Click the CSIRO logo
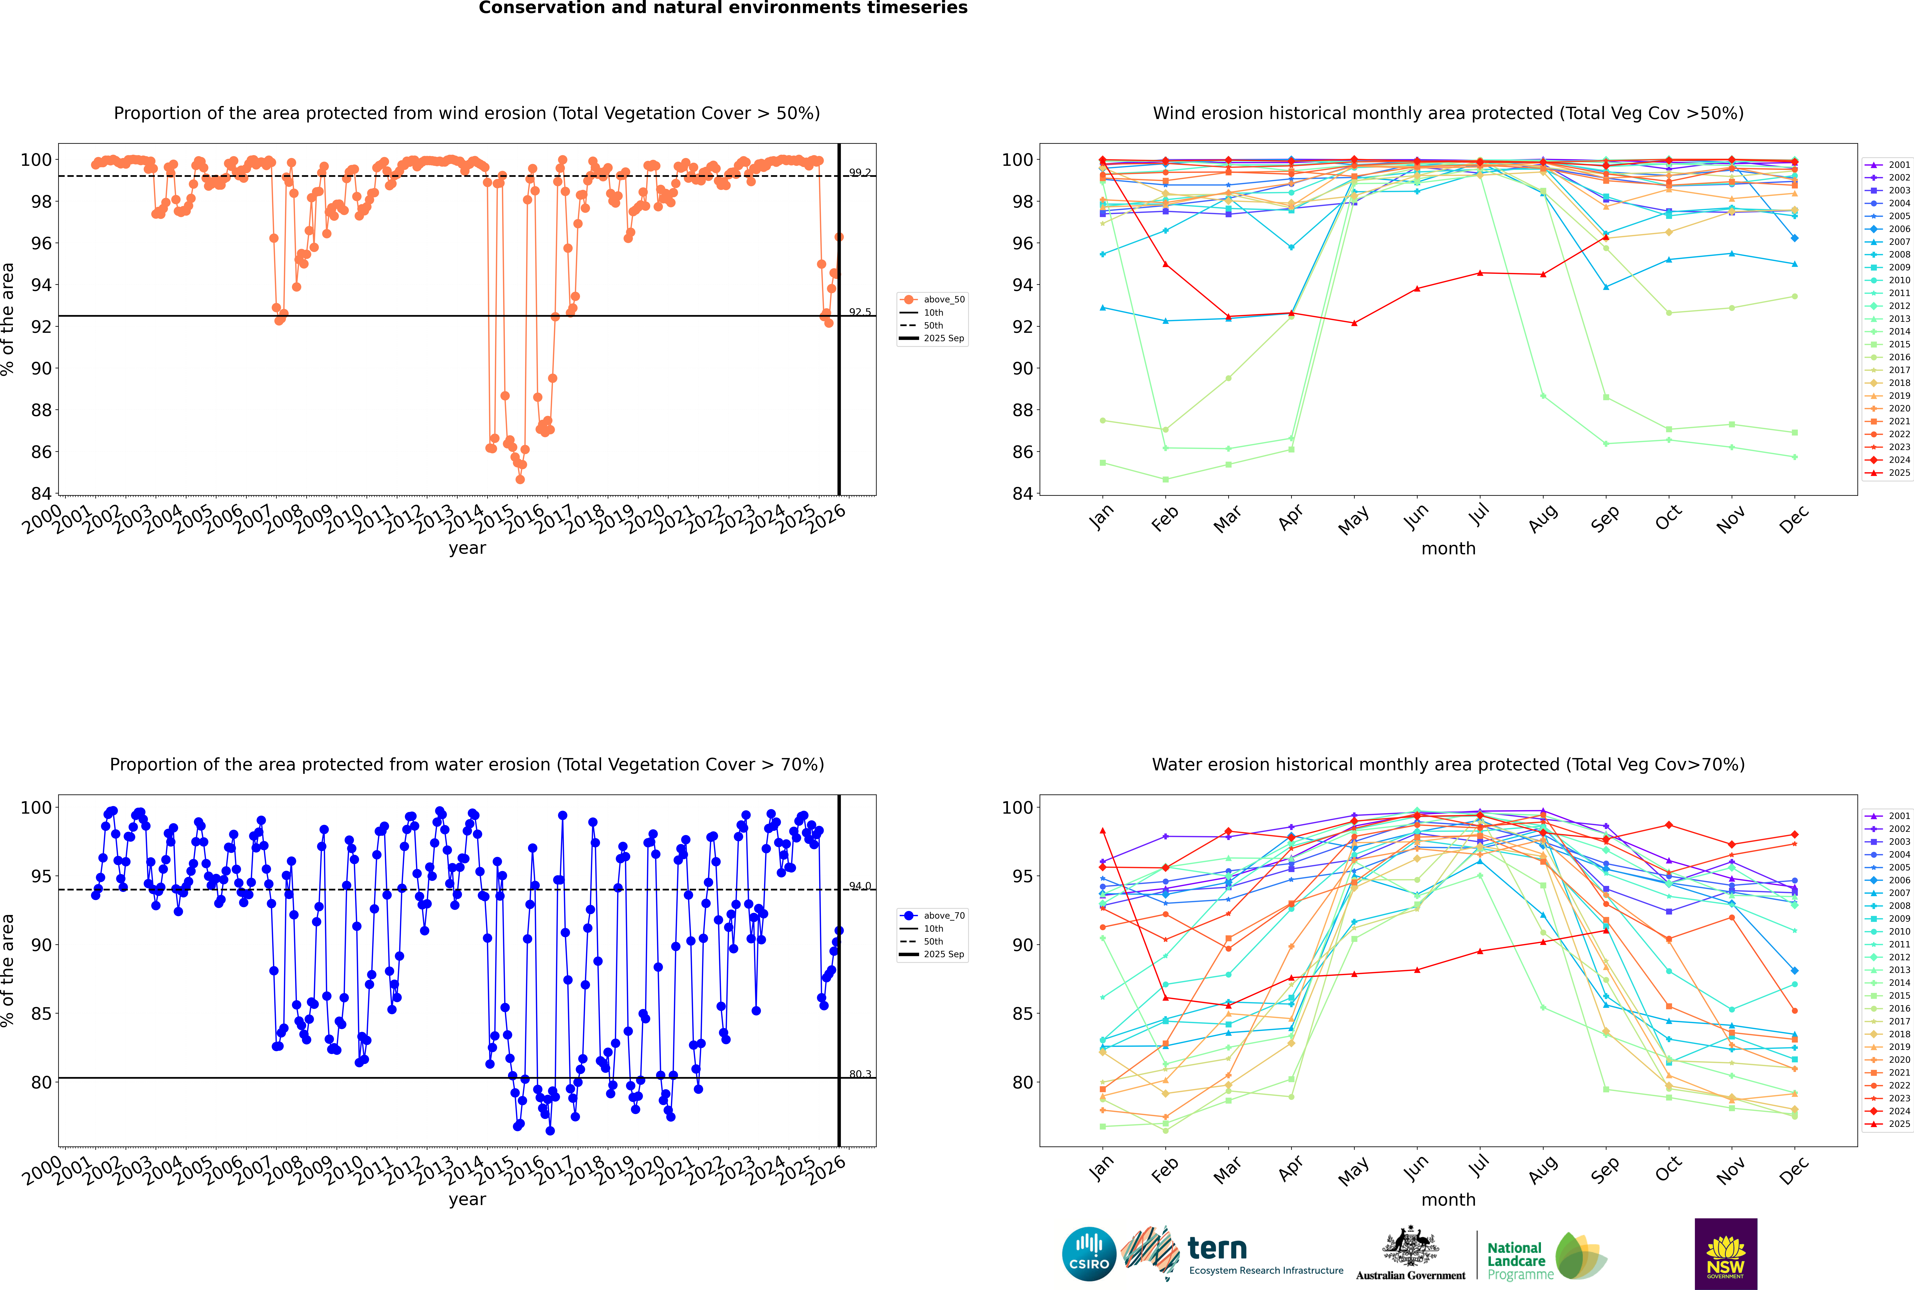click(1089, 1254)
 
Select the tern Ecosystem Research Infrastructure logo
click(1232, 1254)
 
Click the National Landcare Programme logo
click(1545, 1256)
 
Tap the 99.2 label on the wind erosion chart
click(860, 173)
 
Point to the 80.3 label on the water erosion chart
click(860, 1074)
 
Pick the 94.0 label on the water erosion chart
click(860, 886)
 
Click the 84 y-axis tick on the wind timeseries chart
click(41, 494)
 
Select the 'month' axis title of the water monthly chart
click(1448, 1200)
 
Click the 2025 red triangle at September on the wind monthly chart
click(1605, 238)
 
